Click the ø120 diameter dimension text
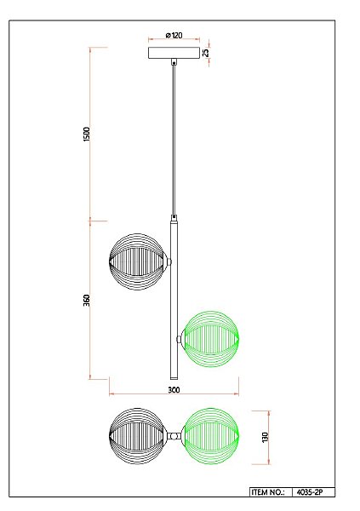[174, 36]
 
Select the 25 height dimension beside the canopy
[207, 53]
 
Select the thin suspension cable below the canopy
[174, 136]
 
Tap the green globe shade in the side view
[212, 338]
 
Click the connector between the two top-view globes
[174, 435]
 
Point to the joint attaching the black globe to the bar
[169, 260]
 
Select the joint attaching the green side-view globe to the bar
[180, 338]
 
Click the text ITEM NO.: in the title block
[269, 492]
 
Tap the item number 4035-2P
[312, 492]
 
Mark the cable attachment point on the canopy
[174, 61]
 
